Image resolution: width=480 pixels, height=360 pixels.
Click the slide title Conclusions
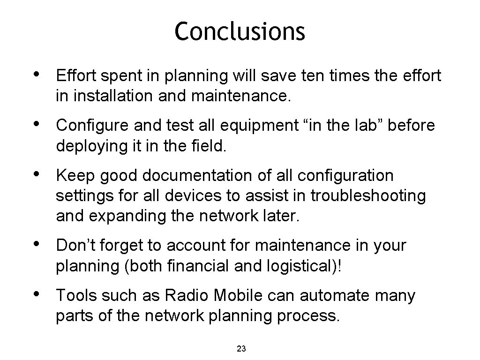click(x=240, y=32)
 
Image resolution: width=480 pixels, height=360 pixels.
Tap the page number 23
click(x=241, y=348)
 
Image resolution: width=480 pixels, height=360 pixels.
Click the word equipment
click(x=243, y=126)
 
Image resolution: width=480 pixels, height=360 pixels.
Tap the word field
click(x=210, y=146)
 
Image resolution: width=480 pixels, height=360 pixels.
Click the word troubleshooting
click(x=368, y=196)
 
